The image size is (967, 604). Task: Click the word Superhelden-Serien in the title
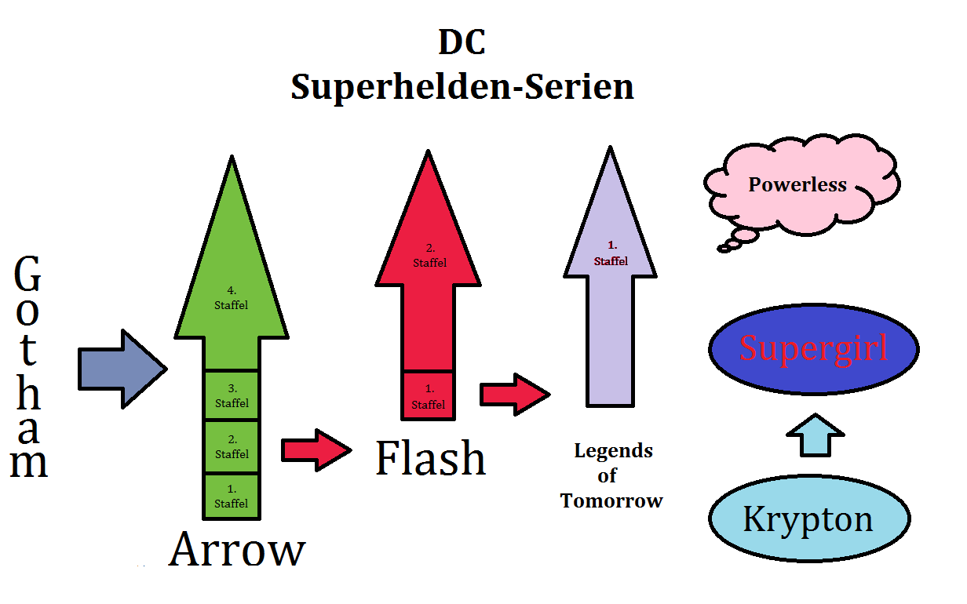[462, 86]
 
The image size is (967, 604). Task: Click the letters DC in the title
[462, 43]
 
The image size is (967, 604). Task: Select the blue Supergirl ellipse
[813, 349]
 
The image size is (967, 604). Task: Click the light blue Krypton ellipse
[808, 519]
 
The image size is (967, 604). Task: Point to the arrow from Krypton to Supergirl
[814, 436]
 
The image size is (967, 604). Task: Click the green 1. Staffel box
[231, 497]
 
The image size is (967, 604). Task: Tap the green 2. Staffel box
[231, 447]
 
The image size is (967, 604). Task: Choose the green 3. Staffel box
[231, 395]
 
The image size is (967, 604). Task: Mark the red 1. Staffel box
[428, 396]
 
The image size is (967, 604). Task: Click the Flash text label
[430, 459]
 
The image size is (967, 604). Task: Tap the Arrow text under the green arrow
[236, 549]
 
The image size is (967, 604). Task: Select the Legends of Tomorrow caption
[612, 476]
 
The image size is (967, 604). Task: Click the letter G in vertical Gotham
[28, 276]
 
